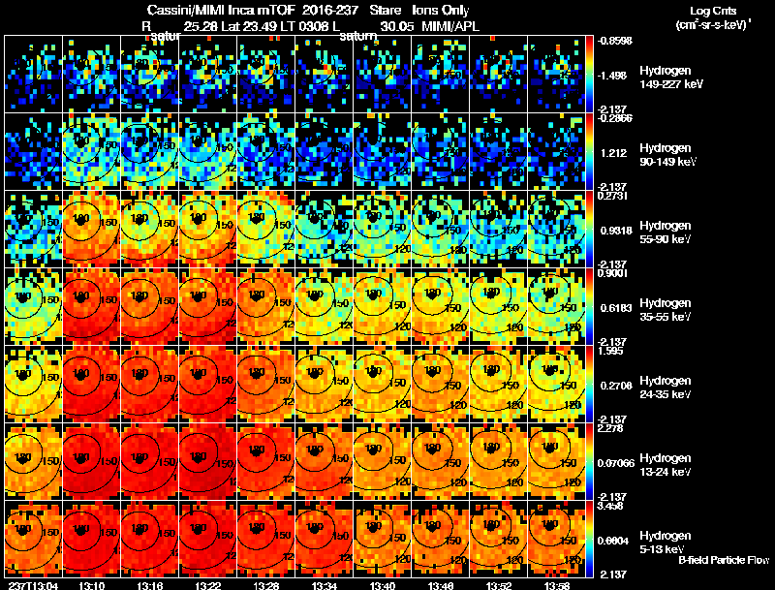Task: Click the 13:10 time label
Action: coord(91,584)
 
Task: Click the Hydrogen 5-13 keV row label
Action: coord(664,542)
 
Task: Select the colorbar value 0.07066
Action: coord(617,463)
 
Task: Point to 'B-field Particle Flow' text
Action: coord(724,560)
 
